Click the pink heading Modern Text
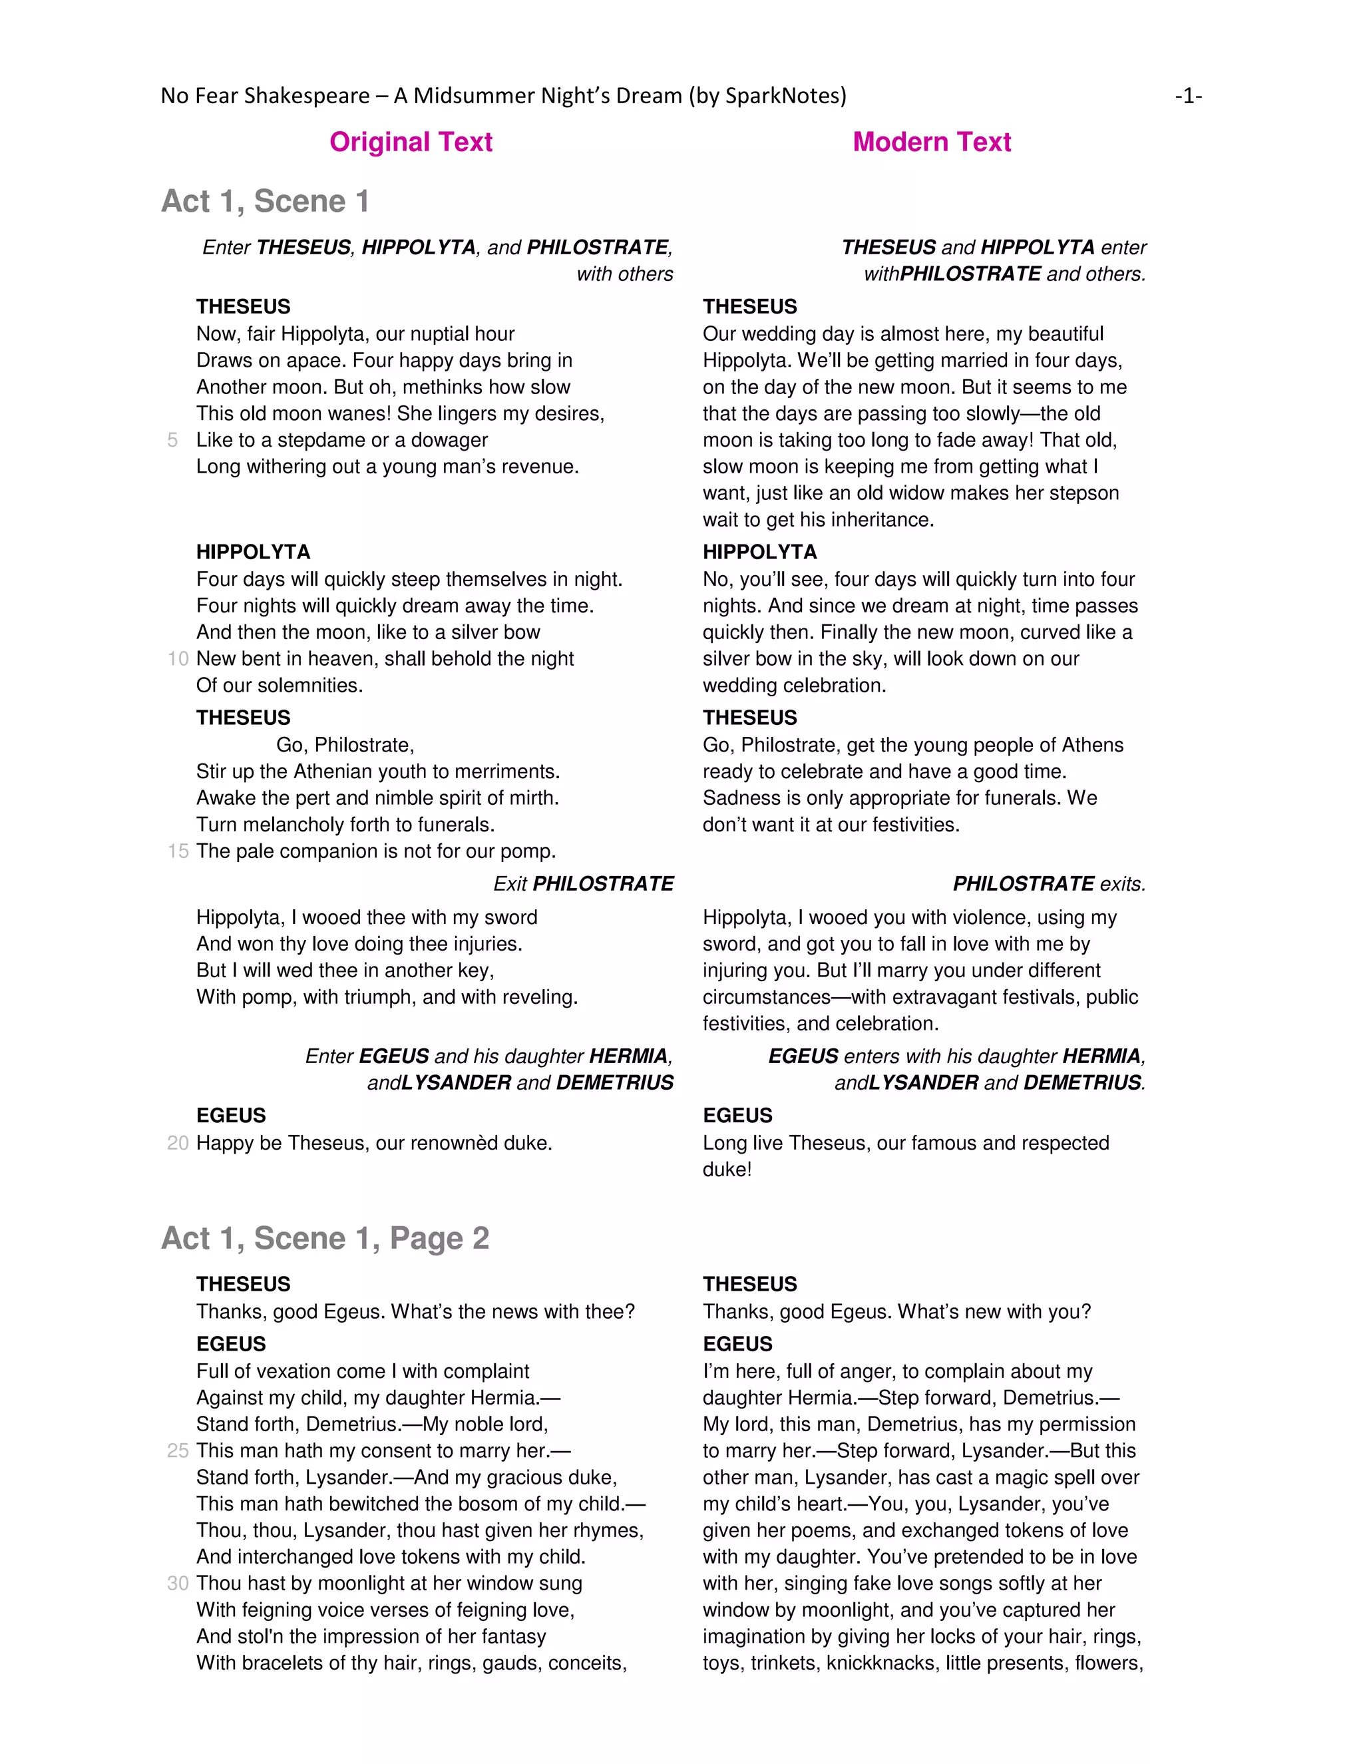coord(931,142)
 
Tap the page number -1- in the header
coord(1188,96)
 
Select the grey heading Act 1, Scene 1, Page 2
coord(325,1238)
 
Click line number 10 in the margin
coord(178,659)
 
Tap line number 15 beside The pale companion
coord(178,851)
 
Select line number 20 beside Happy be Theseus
coord(178,1143)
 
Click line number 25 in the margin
coord(178,1450)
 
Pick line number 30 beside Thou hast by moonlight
coord(178,1583)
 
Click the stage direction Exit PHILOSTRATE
coord(583,883)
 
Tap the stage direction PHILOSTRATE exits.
coord(1048,883)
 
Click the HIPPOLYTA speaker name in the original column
coord(253,552)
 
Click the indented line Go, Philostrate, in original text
coord(345,745)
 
